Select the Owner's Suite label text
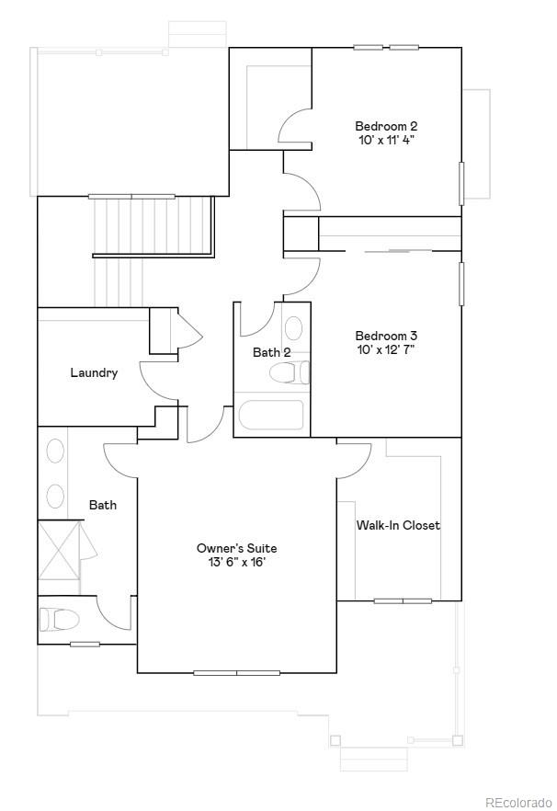pyautogui.click(x=236, y=548)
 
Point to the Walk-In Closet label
pyautogui.click(x=398, y=525)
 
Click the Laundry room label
pyautogui.click(x=94, y=372)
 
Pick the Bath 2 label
pyautogui.click(x=272, y=352)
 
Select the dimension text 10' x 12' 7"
pyautogui.click(x=392, y=349)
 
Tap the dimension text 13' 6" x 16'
pyautogui.click(x=236, y=563)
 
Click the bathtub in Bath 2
pyautogui.click(x=270, y=416)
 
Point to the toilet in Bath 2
pyautogui.click(x=290, y=372)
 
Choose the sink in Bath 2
pyautogui.click(x=293, y=329)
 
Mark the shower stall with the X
pyautogui.click(x=59, y=550)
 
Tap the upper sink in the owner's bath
pyautogui.click(x=55, y=451)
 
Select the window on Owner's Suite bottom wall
pyautogui.click(x=236, y=673)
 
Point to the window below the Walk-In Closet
pyautogui.click(x=403, y=601)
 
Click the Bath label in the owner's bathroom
pyautogui.click(x=103, y=505)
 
